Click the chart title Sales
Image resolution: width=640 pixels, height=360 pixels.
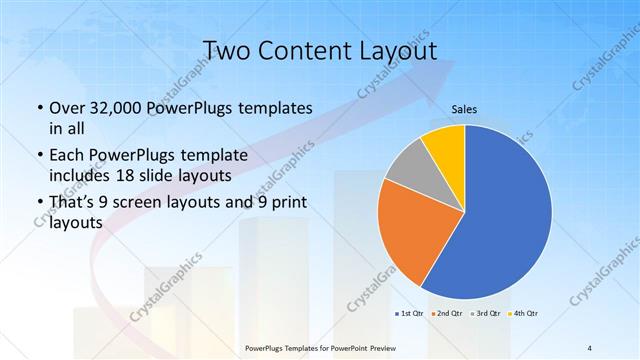coord(465,109)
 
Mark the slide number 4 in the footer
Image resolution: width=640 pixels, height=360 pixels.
coord(590,347)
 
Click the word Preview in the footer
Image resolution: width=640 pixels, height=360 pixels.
coord(386,347)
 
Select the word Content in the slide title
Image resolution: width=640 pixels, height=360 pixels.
coord(305,51)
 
